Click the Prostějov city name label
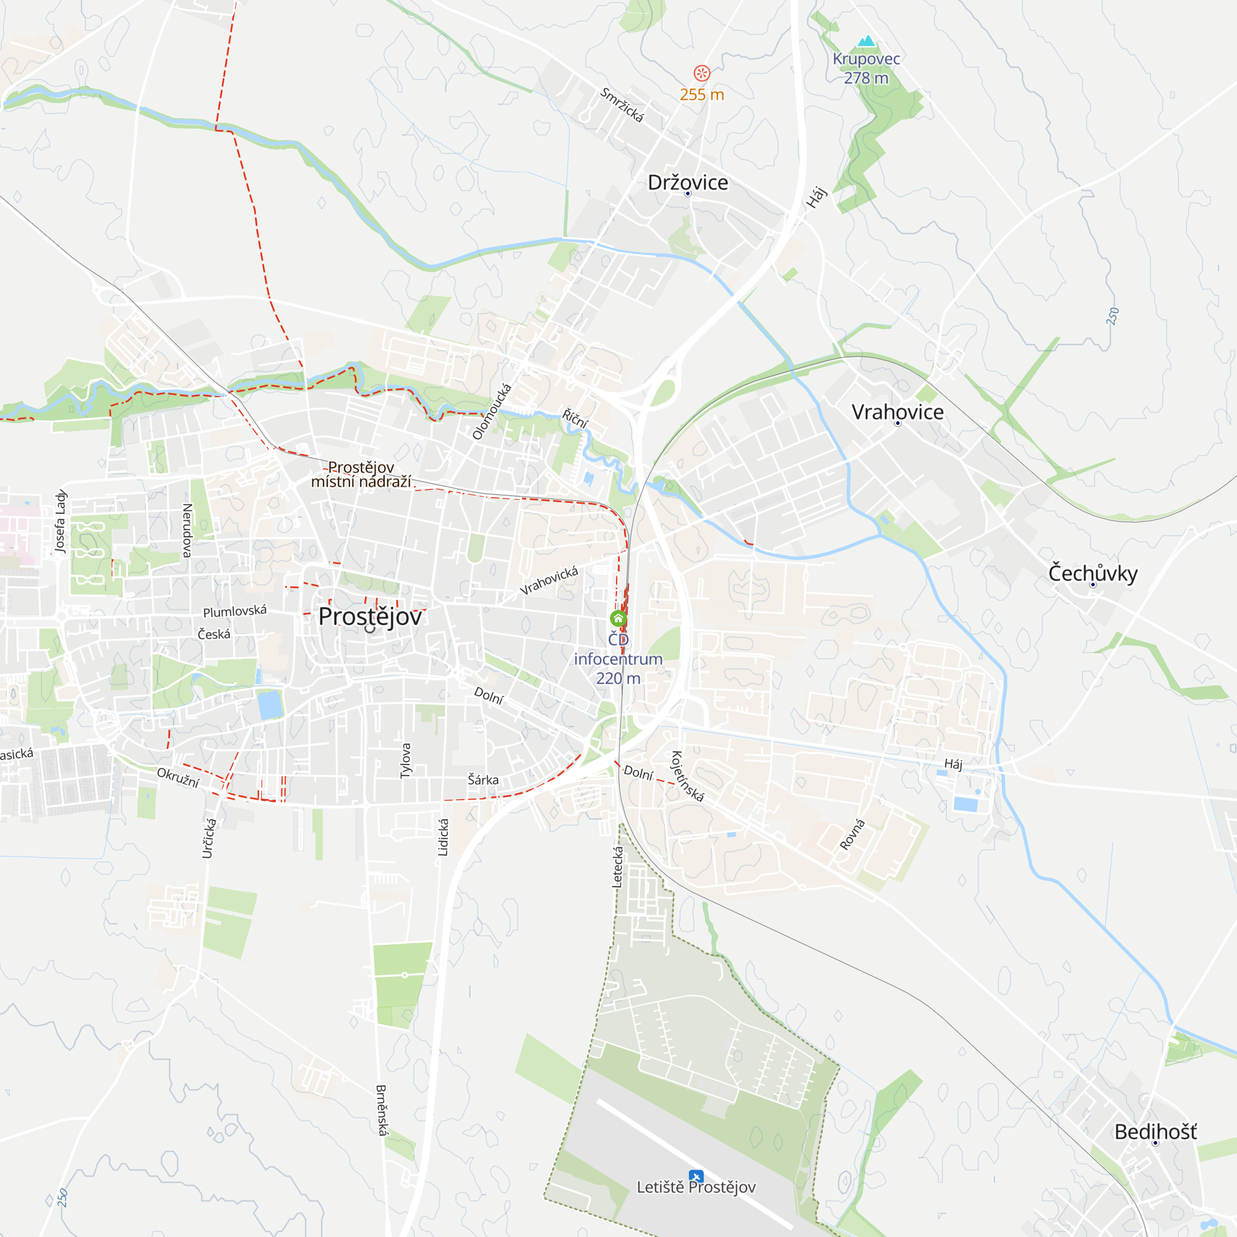click(370, 617)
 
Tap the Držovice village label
click(688, 182)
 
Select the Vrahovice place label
click(897, 412)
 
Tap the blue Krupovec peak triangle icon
click(867, 41)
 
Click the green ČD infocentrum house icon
click(618, 618)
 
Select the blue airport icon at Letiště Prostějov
click(696, 1176)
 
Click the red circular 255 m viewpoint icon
click(702, 73)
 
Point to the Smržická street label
click(622, 105)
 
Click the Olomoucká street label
click(492, 411)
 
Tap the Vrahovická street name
click(549, 581)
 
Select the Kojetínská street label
click(687, 776)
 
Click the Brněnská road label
click(382, 1110)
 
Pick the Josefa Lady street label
click(60, 521)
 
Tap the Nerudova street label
click(187, 530)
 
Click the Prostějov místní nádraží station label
click(361, 474)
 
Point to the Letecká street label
click(618, 867)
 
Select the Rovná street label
click(852, 834)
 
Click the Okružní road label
click(178, 778)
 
